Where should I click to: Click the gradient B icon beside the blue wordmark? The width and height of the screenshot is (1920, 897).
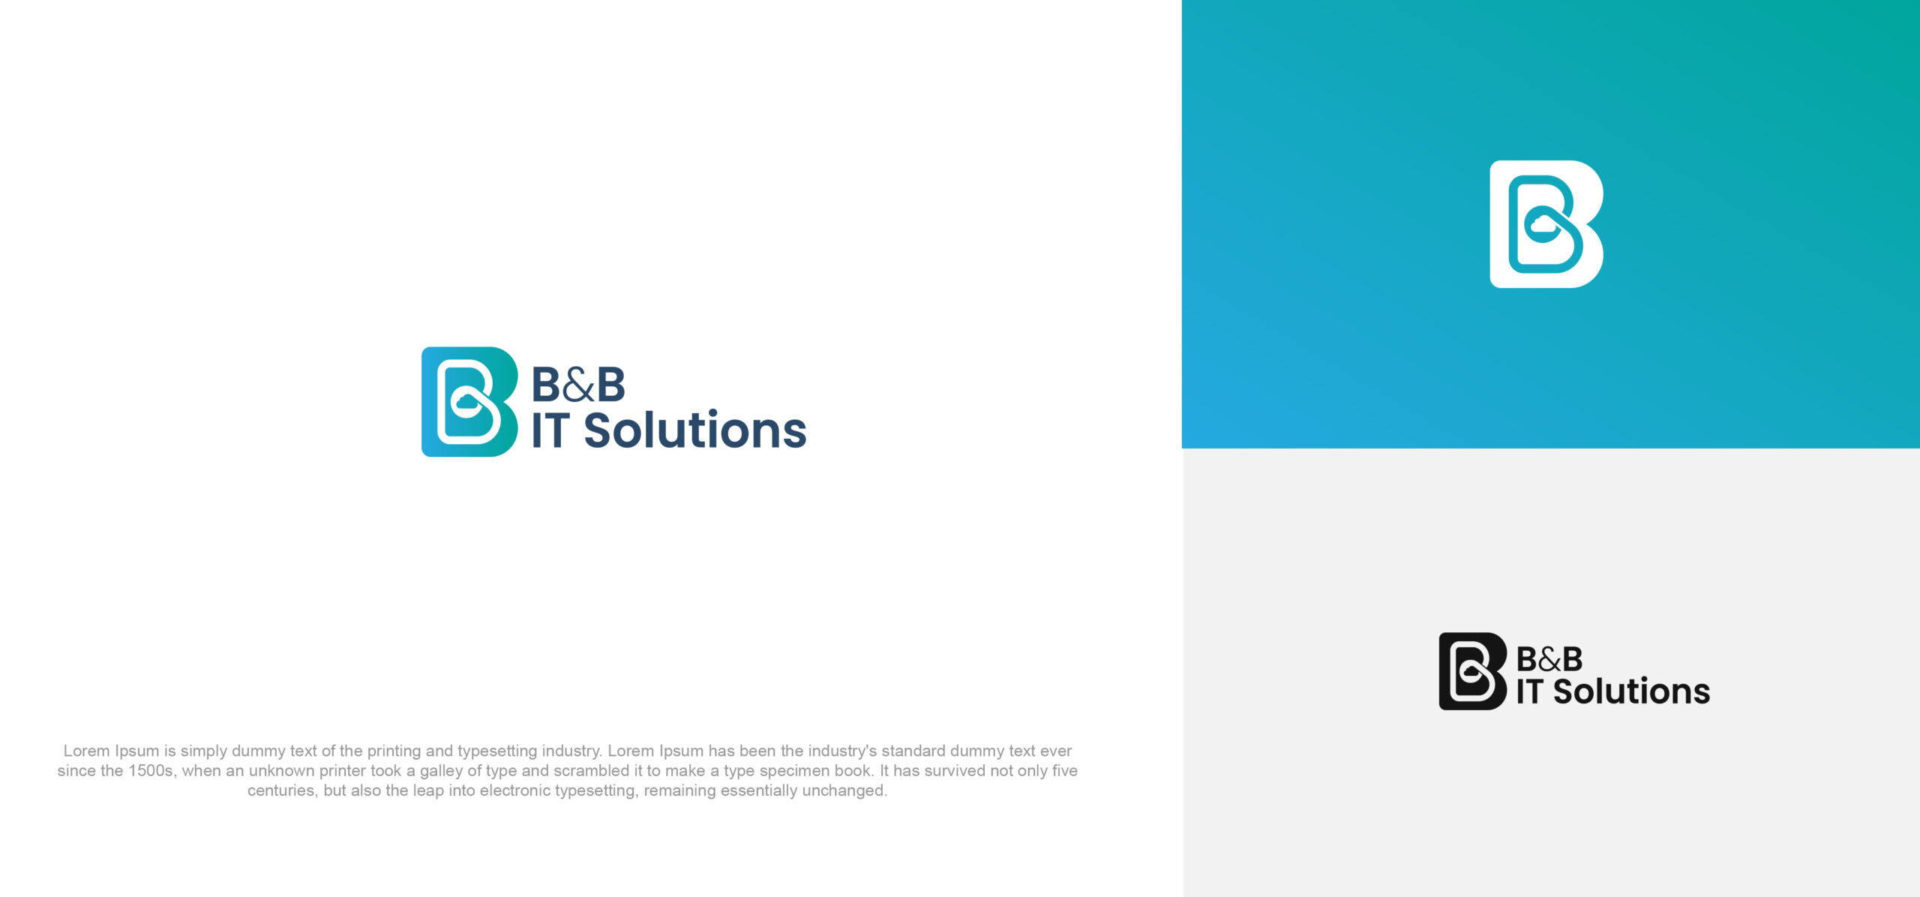469,401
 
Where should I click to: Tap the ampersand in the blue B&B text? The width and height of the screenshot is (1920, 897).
578,385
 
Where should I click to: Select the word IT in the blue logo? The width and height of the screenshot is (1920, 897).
549,430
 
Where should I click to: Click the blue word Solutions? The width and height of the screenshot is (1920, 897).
694,430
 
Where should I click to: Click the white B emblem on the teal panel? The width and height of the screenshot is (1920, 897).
1546,223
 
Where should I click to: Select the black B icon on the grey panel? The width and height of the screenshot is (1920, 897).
1471,671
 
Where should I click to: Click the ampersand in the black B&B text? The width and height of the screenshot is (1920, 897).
1549,660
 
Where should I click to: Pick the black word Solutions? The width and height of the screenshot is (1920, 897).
1631,691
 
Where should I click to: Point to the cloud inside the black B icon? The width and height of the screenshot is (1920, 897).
1470,673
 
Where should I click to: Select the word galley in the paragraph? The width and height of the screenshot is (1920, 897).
441,771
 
